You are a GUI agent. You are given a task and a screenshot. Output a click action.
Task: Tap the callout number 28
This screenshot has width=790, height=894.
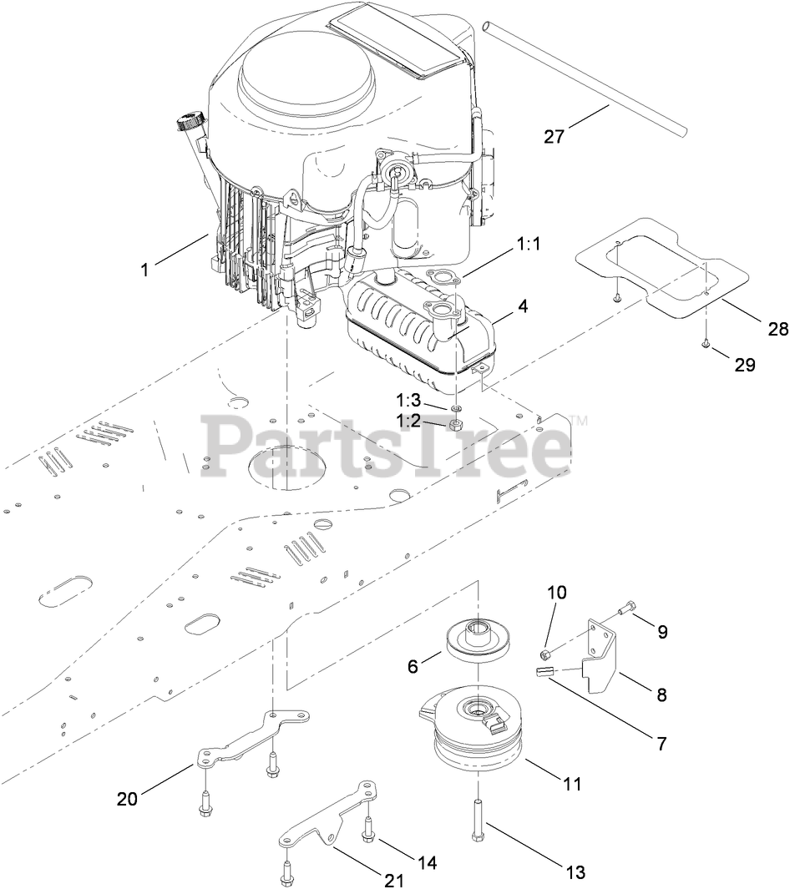pos(777,331)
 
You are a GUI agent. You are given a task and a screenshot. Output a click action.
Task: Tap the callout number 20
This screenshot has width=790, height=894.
pos(127,799)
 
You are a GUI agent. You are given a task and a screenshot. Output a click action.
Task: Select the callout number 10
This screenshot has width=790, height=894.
pos(556,593)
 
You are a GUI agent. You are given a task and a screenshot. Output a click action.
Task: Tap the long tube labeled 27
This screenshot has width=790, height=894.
pos(585,79)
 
